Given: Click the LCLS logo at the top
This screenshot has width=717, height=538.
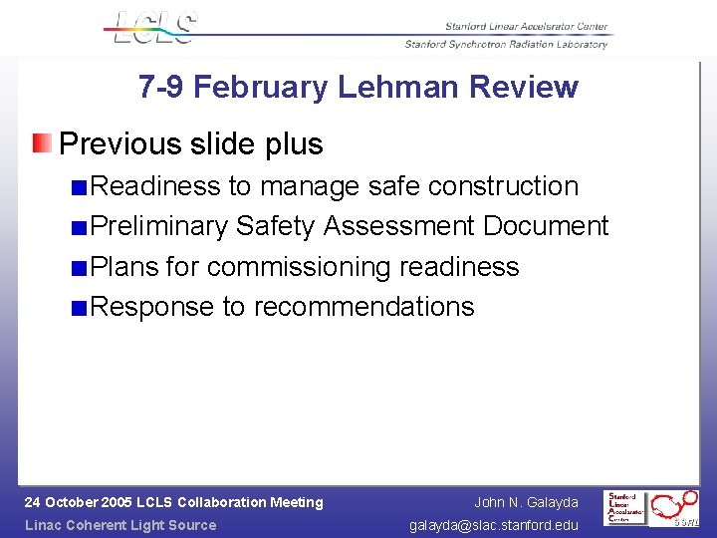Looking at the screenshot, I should [x=154, y=27].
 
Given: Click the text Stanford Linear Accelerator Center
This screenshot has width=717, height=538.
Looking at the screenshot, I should [x=526, y=27].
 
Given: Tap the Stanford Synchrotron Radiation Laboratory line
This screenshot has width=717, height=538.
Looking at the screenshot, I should [x=506, y=44].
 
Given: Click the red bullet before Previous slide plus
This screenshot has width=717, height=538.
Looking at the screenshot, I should [x=41, y=143].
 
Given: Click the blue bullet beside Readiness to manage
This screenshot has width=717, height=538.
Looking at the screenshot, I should [x=79, y=187].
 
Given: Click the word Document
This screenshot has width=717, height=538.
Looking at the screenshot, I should [x=546, y=226].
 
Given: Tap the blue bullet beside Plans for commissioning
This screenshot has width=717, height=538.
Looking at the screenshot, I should [x=79, y=268].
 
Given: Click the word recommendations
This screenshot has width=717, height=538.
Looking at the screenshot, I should [x=363, y=306].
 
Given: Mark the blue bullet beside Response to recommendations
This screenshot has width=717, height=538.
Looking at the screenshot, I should [x=79, y=308].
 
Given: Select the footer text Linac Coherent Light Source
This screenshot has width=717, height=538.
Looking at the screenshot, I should [x=119, y=525].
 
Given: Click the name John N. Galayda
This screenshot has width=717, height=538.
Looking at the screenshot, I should [x=526, y=502].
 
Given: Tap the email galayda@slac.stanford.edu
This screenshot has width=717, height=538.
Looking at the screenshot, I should [x=494, y=525].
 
